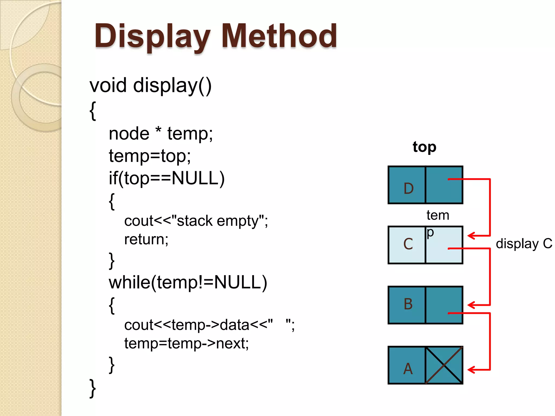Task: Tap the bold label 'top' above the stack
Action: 424,147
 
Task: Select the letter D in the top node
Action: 408,188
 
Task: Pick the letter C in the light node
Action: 408,244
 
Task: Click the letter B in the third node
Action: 408,304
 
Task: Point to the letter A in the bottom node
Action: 408,369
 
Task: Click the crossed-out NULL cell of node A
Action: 444,365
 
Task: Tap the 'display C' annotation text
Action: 524,243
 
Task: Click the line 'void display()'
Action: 150,86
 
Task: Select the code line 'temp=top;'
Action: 150,156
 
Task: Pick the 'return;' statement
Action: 146,239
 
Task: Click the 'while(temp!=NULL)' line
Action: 188,282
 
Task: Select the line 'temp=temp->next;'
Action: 186,343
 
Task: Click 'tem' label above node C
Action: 438,215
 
